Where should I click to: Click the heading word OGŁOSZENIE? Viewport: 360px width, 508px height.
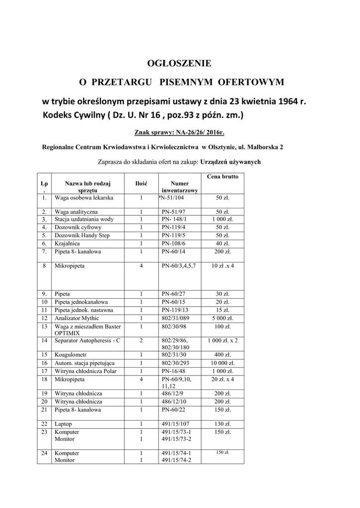pos(180,63)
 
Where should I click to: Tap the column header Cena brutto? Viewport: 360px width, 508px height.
pos(222,177)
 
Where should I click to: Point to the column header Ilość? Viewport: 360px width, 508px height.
pos(141,184)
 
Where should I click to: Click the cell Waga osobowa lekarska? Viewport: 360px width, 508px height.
pos(84,198)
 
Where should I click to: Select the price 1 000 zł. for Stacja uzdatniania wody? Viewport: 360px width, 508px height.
pos(222,219)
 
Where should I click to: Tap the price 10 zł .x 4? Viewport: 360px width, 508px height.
pos(222,266)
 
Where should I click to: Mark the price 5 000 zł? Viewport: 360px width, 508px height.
pos(222,318)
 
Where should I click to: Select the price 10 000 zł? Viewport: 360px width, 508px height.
pos(222,363)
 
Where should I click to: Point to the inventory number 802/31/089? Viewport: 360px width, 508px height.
pos(176,318)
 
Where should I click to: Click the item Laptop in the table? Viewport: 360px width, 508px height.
pos(64,424)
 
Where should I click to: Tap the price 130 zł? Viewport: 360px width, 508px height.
pos(222,424)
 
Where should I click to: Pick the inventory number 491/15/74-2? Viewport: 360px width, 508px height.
pos(177,460)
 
